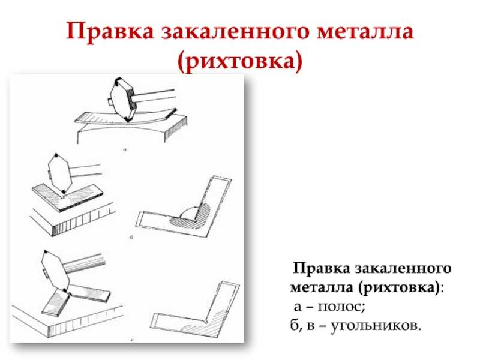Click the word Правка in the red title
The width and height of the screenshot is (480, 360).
coord(110,31)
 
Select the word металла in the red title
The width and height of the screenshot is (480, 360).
coord(365,31)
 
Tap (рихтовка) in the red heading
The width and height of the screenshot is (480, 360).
coord(239,62)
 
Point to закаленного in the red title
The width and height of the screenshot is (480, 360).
coord(235,31)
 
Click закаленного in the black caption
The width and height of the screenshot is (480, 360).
coord(403,268)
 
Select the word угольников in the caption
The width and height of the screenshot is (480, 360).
coord(373,325)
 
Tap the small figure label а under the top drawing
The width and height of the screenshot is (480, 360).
coord(125,149)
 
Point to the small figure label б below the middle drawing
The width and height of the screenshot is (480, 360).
coord(131,237)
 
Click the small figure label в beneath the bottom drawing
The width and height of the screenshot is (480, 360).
coord(132,339)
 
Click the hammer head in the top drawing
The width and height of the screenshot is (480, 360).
coord(122,100)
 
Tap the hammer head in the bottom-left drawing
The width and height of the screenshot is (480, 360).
coord(55,271)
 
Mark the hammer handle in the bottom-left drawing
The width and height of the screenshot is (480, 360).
coord(85,263)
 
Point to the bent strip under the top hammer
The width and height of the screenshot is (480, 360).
coord(126,119)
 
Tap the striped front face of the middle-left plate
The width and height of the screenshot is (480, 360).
coord(83,223)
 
